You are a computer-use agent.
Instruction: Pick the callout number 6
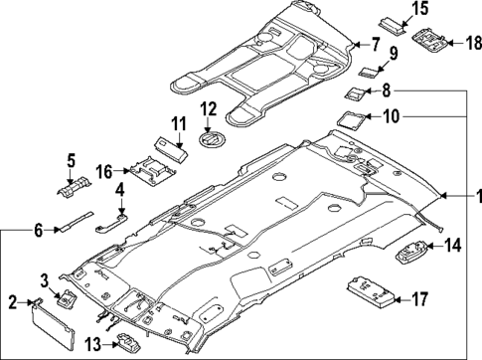point(38,230)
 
